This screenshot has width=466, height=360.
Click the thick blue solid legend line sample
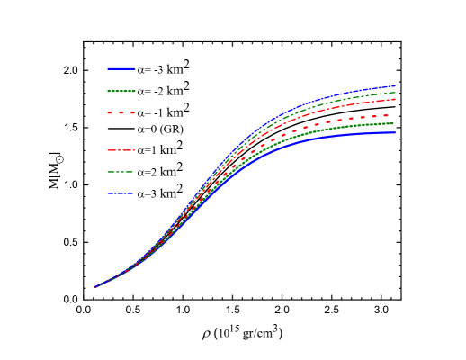pyautogui.click(x=121, y=68)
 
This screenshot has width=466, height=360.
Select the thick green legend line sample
pyautogui.click(x=121, y=91)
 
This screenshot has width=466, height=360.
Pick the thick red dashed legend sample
pyautogui.click(x=121, y=113)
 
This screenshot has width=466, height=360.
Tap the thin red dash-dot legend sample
pyautogui.click(x=121, y=150)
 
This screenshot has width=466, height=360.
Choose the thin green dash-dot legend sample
pyautogui.click(x=121, y=172)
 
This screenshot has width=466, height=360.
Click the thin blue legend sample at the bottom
pyautogui.click(x=121, y=193)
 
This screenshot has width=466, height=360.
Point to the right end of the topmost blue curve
pyautogui.click(x=395, y=86)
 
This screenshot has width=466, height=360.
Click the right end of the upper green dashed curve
pyautogui.click(x=395, y=93)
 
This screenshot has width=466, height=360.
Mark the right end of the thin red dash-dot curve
pyautogui.click(x=395, y=100)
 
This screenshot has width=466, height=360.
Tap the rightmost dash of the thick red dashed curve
pyautogui.click(x=385, y=116)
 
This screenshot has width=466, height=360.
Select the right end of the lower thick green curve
pyautogui.click(x=394, y=124)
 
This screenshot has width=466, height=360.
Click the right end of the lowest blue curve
pyautogui.click(x=395, y=133)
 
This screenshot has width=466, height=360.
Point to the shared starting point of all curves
pyautogui.click(x=94, y=287)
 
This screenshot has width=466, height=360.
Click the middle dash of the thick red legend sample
pyautogui.click(x=121, y=113)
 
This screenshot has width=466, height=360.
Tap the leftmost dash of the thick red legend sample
pyautogui.click(x=111, y=113)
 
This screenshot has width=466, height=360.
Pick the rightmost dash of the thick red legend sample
pyautogui.click(x=132, y=113)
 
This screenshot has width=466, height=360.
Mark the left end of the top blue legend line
pyautogui.click(x=108, y=68)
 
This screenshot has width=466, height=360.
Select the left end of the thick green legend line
pyautogui.click(x=108, y=91)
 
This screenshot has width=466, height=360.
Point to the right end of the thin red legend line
pyautogui.click(x=135, y=150)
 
